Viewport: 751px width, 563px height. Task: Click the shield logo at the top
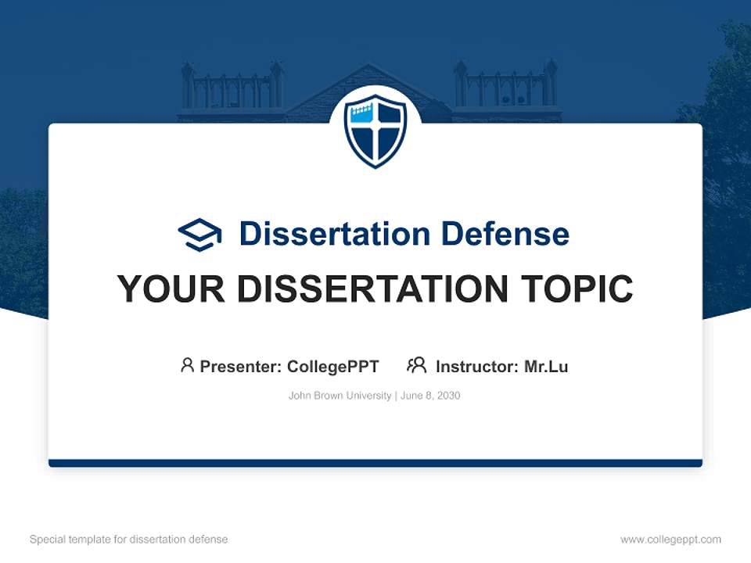[x=375, y=131]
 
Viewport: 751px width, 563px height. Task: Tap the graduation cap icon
[x=199, y=234]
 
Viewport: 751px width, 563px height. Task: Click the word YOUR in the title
[x=171, y=289]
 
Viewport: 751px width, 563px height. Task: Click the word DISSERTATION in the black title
[x=375, y=289]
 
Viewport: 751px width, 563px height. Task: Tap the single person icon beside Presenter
[x=187, y=365]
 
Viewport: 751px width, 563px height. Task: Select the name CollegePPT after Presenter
[x=332, y=367]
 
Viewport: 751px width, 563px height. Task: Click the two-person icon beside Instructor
[x=417, y=365]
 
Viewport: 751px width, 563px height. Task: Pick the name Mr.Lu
[x=546, y=367]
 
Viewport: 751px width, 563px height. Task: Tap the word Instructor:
[x=477, y=367]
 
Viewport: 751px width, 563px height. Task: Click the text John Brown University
[x=340, y=396]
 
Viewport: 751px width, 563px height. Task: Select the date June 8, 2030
[x=430, y=396]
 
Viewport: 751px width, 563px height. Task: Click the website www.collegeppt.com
[x=670, y=540]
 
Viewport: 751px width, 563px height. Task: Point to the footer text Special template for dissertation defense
[x=129, y=540]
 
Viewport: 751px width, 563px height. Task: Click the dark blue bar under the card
[x=375, y=463]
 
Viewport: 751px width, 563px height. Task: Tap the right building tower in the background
[x=506, y=90]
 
